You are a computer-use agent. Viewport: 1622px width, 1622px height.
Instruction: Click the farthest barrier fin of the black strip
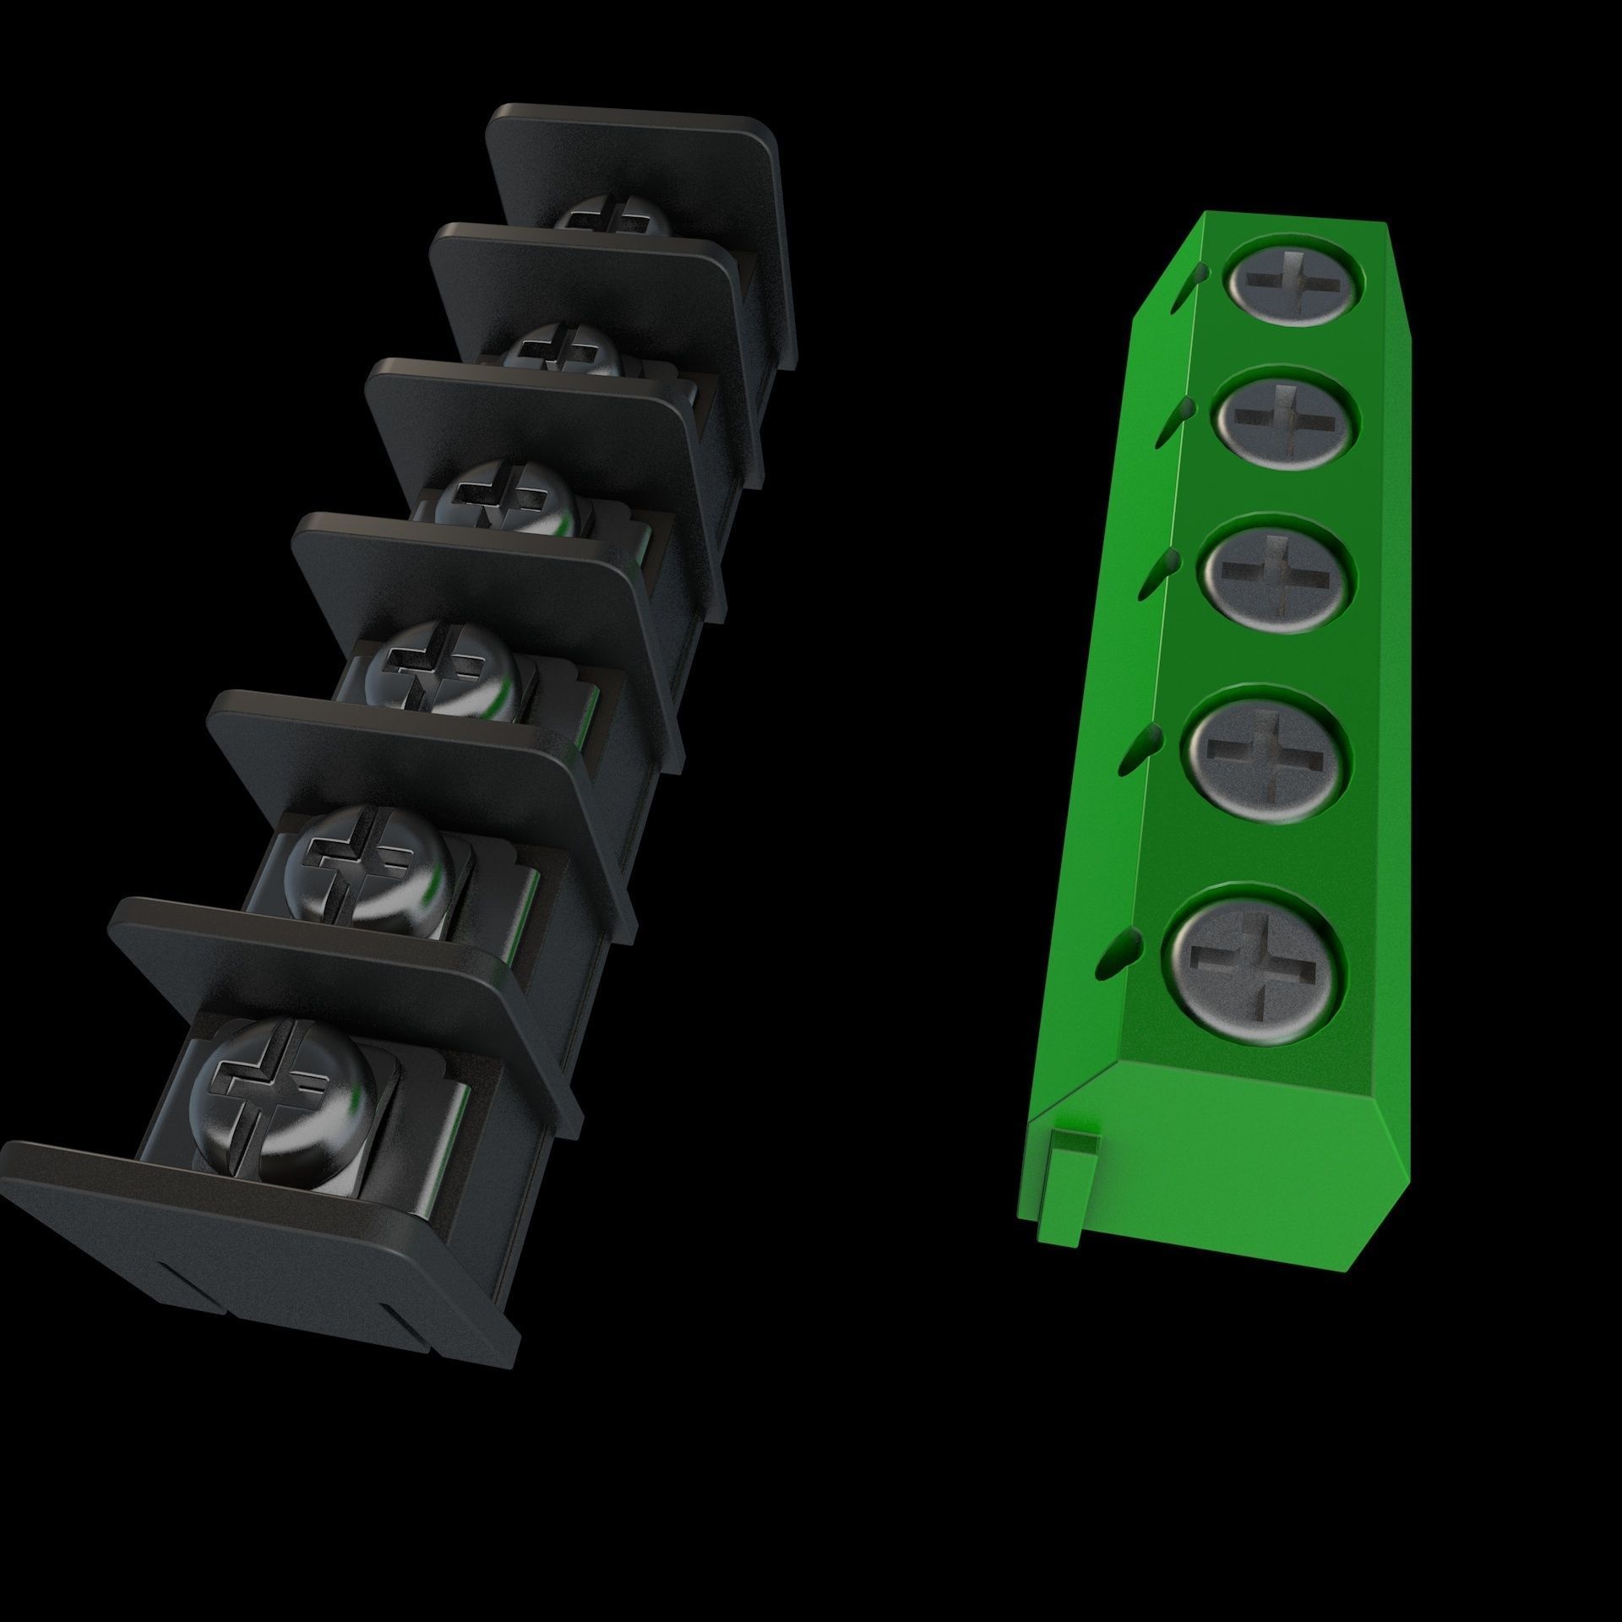coord(642,161)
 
